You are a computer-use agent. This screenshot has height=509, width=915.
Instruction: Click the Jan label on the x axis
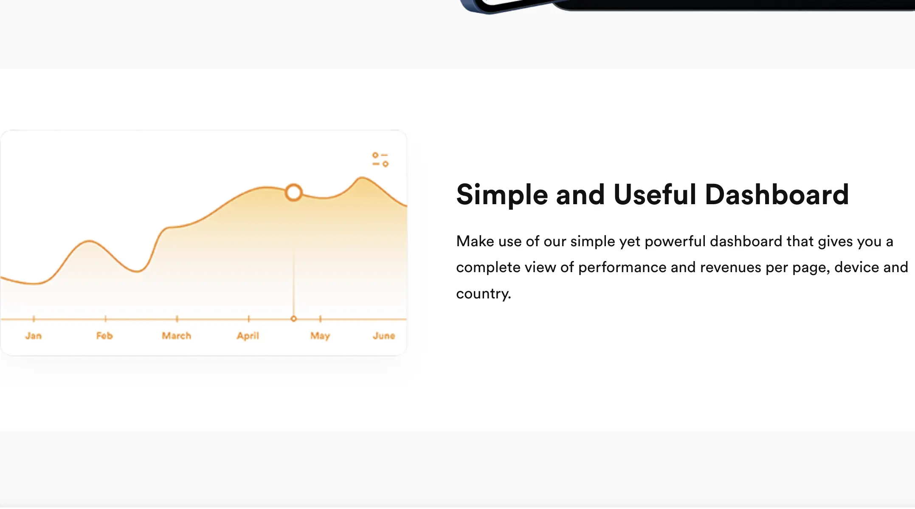pos(33,336)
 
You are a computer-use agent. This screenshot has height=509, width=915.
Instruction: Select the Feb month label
pos(104,336)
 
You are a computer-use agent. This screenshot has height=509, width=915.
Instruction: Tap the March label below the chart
pos(177,336)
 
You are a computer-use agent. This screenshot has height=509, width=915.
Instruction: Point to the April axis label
pos(248,336)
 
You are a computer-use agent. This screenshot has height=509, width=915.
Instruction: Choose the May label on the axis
pos(320,336)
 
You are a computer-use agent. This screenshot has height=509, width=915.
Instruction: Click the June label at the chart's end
pos(384,336)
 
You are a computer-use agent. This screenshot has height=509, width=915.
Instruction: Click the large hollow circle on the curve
pos(293,193)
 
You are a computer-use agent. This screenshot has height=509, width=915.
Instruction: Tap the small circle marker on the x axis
pos(293,319)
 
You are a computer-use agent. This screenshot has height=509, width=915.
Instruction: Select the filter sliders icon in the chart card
pos(380,160)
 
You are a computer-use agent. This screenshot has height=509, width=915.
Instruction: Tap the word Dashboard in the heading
pos(777,194)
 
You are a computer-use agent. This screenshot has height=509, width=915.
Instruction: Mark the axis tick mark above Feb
pos(105,319)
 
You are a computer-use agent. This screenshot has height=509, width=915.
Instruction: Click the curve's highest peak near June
pos(361,177)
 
